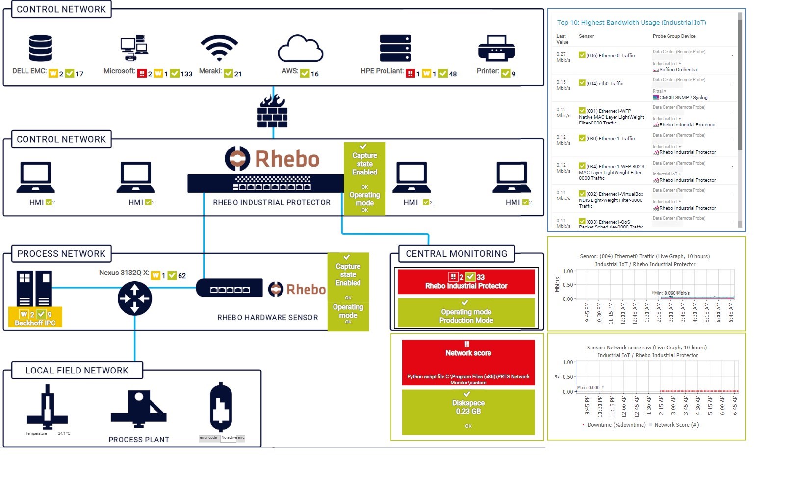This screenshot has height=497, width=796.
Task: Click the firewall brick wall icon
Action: [x=273, y=111]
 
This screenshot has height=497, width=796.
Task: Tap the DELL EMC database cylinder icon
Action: [x=40, y=48]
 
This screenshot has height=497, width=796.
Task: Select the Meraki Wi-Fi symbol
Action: [x=219, y=48]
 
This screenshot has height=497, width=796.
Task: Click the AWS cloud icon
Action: [x=300, y=49]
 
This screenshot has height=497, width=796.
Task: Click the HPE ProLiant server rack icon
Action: [x=395, y=49]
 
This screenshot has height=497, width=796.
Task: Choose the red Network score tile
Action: [x=468, y=362]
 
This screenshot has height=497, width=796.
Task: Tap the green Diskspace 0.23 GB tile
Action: [x=468, y=412]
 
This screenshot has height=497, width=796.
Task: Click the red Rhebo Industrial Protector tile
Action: [x=466, y=282]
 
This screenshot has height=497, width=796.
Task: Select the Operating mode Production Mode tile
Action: [x=466, y=313]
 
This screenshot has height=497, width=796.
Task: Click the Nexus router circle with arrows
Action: [x=135, y=298]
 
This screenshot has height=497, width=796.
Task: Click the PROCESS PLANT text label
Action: [x=139, y=440]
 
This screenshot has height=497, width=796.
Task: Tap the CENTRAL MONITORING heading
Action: [x=456, y=254]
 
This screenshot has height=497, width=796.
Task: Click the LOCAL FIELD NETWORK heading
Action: [x=77, y=371]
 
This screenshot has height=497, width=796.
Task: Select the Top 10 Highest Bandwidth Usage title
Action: [x=631, y=23]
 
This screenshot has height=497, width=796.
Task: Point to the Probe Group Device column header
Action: [x=674, y=36]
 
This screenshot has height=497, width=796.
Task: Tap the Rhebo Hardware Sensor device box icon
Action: [x=229, y=288]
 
